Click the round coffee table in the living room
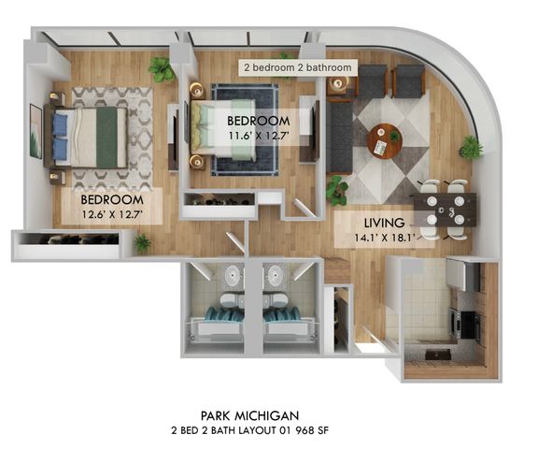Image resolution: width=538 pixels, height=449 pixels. point(384,141)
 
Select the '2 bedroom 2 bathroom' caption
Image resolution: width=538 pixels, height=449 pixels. point(298,68)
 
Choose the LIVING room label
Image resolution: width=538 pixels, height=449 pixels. point(384,223)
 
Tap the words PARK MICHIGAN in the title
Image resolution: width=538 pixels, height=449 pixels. point(249,414)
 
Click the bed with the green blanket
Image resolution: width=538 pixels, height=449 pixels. point(90,137)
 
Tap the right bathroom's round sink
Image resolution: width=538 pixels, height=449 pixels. point(274,275)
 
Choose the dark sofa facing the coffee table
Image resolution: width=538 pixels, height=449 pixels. point(338,138)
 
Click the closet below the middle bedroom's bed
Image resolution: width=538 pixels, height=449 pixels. point(219,198)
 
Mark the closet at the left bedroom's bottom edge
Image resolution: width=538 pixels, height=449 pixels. point(65,246)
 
